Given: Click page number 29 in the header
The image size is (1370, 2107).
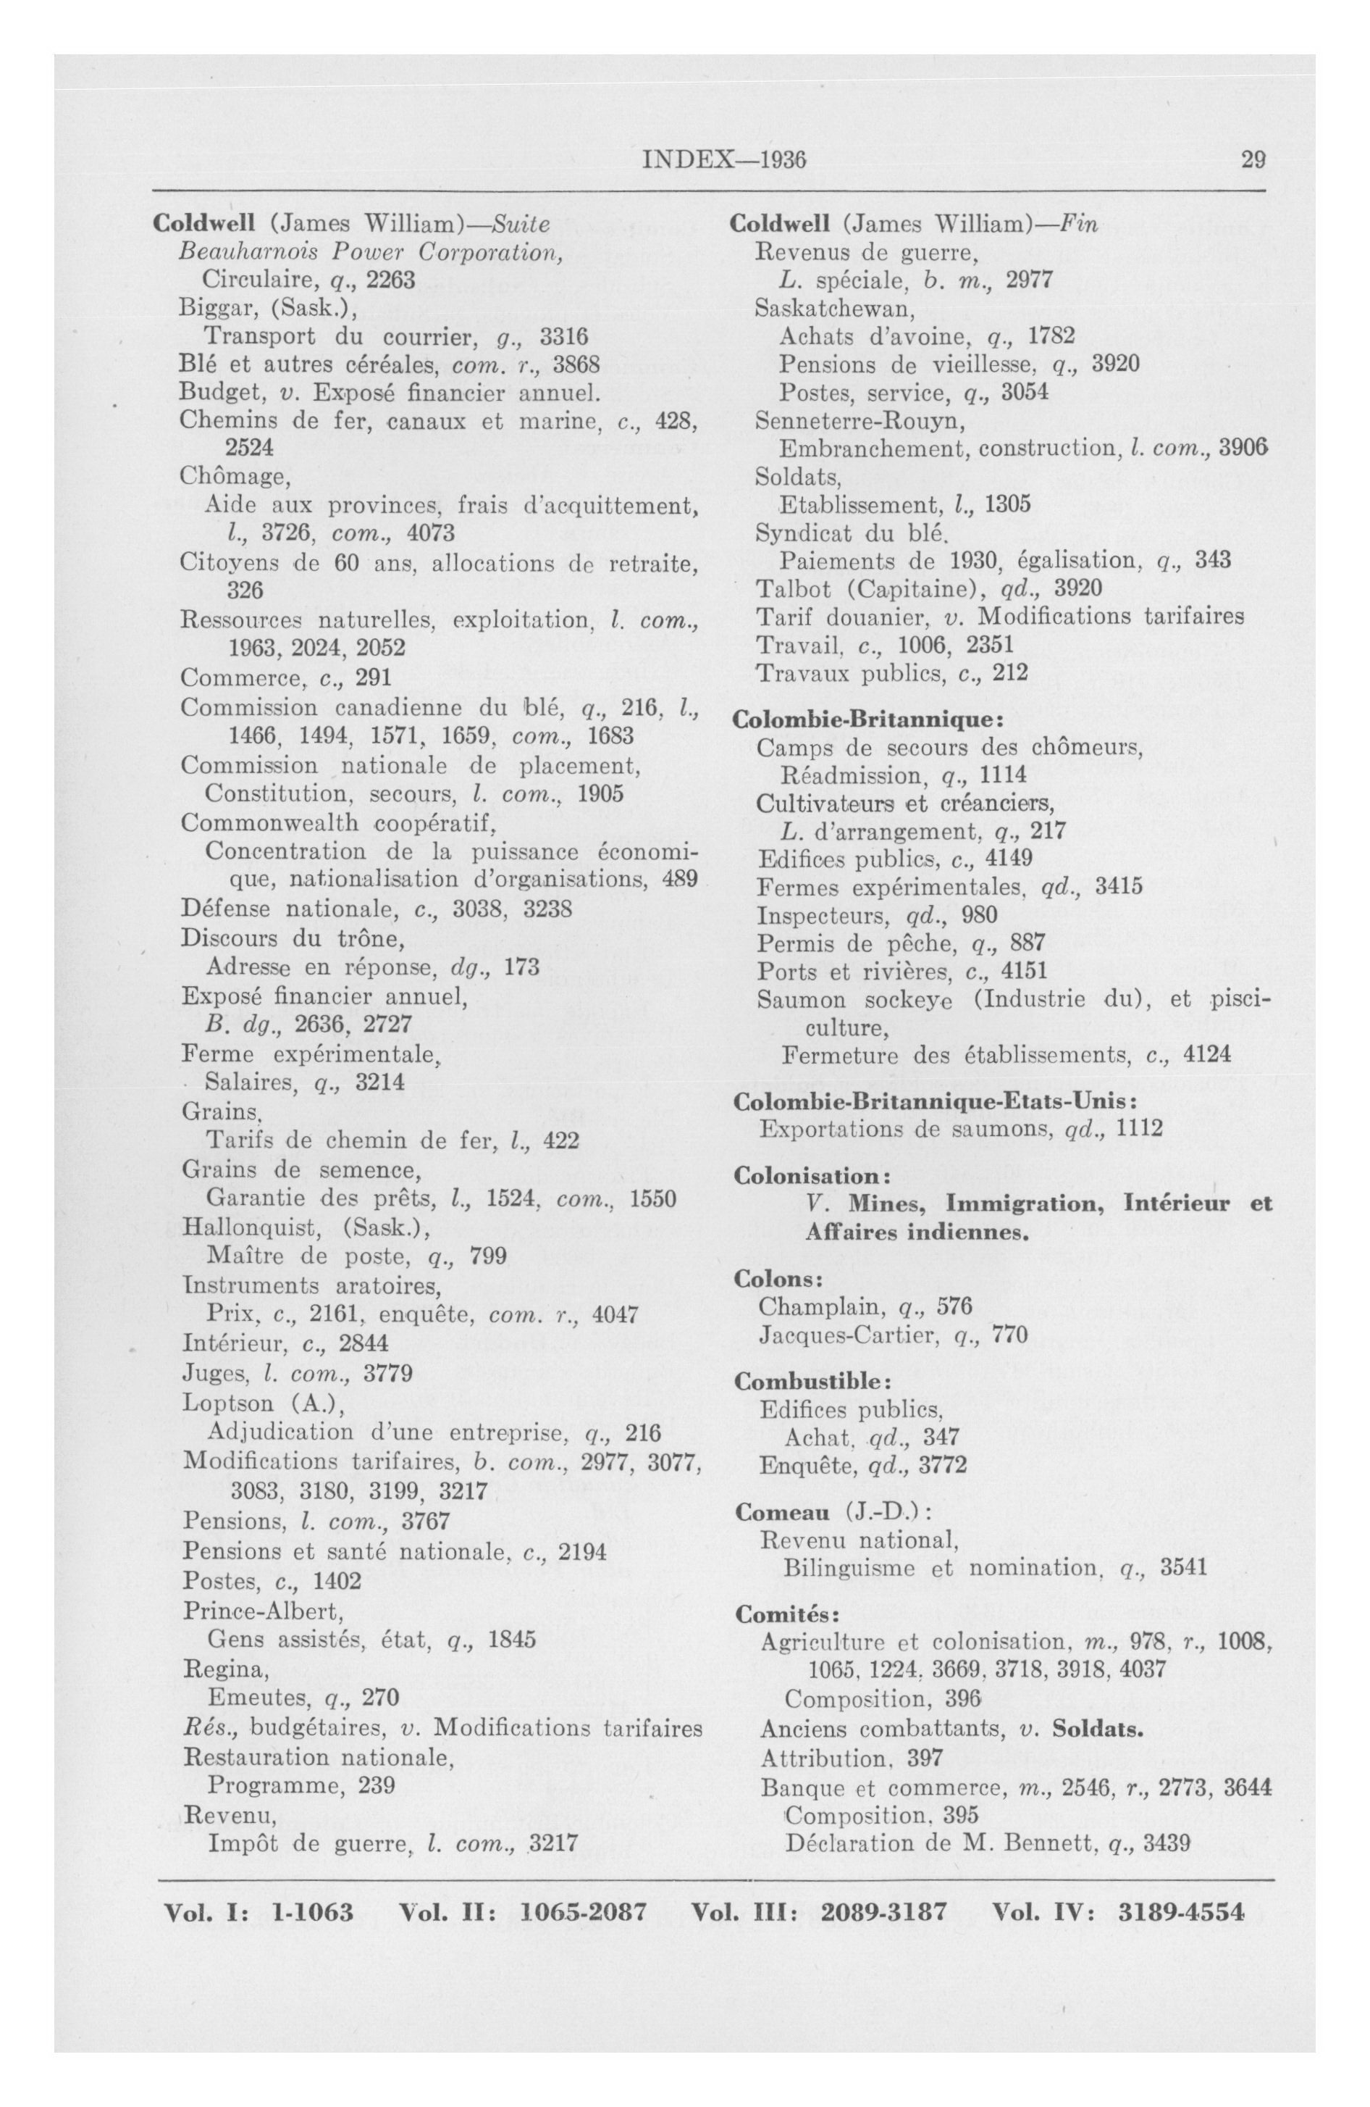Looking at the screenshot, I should [x=1252, y=159].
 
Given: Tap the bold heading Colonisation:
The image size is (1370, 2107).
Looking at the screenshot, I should [x=811, y=1176].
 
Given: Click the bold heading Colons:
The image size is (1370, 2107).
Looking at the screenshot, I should [x=779, y=1280].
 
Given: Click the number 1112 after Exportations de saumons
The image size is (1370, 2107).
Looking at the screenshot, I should [x=1139, y=1129].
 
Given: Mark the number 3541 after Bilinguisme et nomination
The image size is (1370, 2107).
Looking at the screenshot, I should [x=1183, y=1569].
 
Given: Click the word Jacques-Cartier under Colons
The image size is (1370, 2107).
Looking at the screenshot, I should [x=848, y=1334].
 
